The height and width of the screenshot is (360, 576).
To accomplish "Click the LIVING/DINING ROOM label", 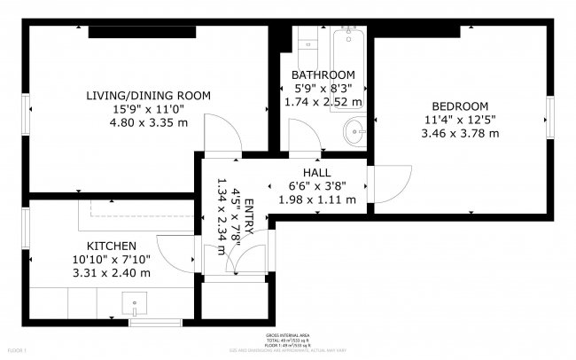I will tap(148, 95).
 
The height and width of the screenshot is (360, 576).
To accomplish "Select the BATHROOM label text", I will tap(323, 74).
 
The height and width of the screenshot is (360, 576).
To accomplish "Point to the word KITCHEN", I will tap(111, 246).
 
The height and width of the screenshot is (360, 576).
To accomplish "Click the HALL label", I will tap(316, 172).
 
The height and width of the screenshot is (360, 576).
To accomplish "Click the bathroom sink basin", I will tap(354, 134).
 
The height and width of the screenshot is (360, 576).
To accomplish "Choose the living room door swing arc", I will tap(222, 137).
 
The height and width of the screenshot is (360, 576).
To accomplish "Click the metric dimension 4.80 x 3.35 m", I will tap(148, 122).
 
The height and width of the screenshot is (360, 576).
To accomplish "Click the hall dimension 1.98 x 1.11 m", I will tap(316, 200).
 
